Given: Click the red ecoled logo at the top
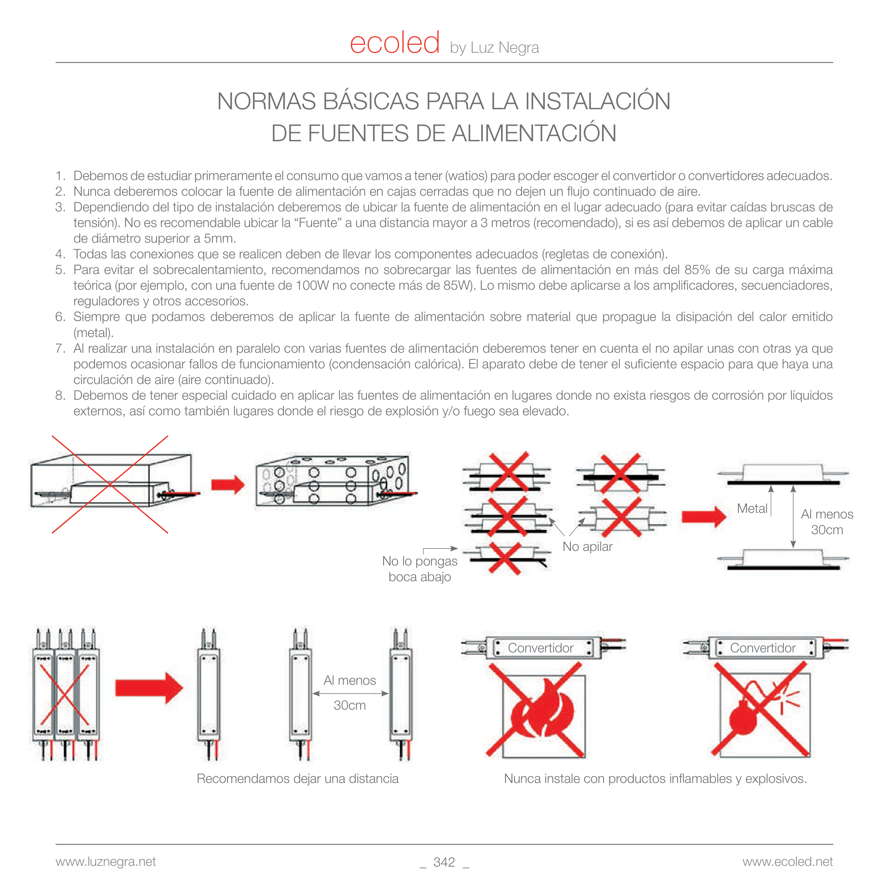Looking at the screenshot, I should [x=394, y=44].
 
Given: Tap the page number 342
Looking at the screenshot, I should [x=444, y=862].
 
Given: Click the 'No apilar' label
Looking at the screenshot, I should [x=587, y=547].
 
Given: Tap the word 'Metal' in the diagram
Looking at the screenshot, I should [x=752, y=509].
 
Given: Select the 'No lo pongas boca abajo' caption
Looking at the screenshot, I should [x=420, y=569].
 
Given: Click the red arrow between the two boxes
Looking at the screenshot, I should [x=227, y=484].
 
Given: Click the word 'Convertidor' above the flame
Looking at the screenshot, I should [x=540, y=648].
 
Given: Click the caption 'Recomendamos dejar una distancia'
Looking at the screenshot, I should [x=297, y=779].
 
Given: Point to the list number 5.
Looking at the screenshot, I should [x=60, y=270].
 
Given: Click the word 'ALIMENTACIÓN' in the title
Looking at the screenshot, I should [x=534, y=133].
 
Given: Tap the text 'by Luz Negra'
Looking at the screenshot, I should [x=494, y=48].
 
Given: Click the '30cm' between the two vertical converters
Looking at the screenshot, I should [x=350, y=705].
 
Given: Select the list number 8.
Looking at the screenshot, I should [x=60, y=395].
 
